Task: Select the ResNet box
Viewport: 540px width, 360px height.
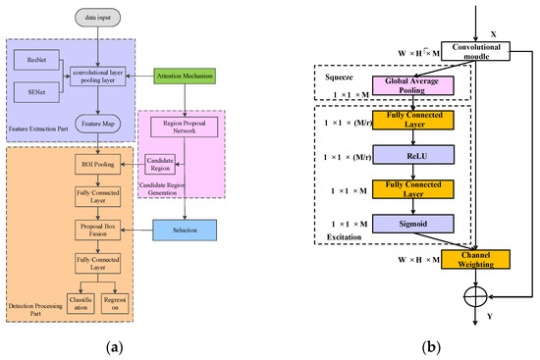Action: pyautogui.click(x=38, y=62)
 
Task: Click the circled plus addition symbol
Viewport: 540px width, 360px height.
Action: pyautogui.click(x=478, y=293)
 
